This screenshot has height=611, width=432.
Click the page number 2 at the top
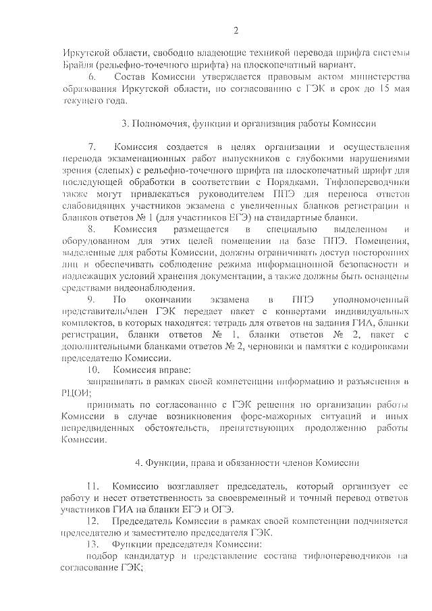[x=236, y=31]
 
